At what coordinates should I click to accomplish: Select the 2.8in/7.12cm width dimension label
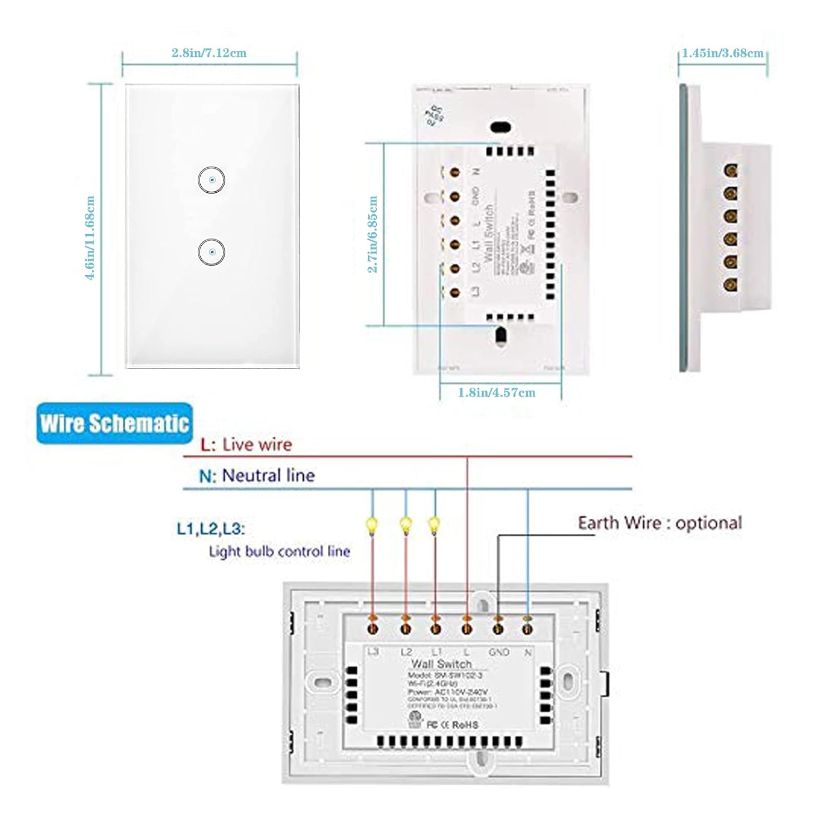pyautogui.click(x=209, y=53)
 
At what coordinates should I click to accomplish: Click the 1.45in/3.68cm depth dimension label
pyautogui.click(x=723, y=53)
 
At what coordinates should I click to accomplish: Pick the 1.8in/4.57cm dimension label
pyautogui.click(x=497, y=392)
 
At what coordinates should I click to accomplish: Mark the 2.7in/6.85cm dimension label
pyautogui.click(x=373, y=234)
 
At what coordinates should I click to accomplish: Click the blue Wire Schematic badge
pyautogui.click(x=115, y=424)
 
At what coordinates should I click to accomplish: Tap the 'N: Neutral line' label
pyautogui.click(x=257, y=475)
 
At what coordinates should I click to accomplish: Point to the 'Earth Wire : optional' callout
pyautogui.click(x=660, y=523)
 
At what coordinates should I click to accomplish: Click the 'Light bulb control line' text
pyautogui.click(x=279, y=552)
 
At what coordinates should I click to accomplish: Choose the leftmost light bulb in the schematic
pyautogui.click(x=371, y=525)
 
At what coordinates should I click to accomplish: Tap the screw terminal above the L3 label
pyautogui.click(x=372, y=628)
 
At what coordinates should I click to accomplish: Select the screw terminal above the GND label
pyautogui.click(x=498, y=628)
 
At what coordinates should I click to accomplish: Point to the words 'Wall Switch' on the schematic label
pyautogui.click(x=441, y=664)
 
